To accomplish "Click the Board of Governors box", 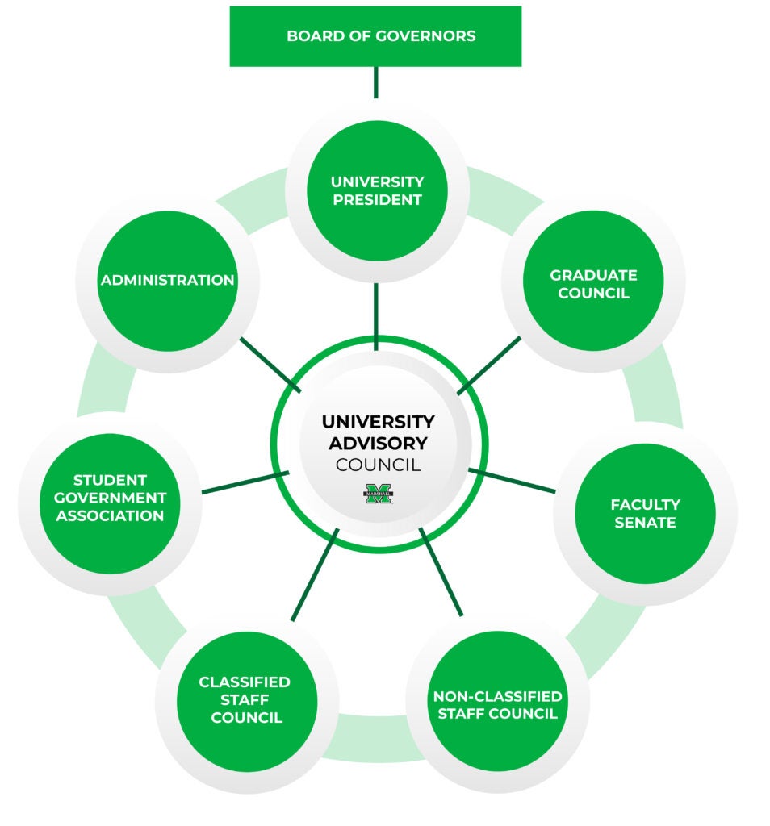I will coord(375,36).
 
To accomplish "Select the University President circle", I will coord(377,190).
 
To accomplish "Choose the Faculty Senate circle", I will coord(645,513).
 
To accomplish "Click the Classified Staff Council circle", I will coord(246,699).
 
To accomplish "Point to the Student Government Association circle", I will coord(110,498).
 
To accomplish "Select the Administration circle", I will coord(167,281).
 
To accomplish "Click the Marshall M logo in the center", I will coord(378,493).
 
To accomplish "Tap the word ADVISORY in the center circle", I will coord(378,443).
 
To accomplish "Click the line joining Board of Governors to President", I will coord(375,81).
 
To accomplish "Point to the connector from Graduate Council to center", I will coord(489,365).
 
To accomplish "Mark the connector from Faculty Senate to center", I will coord(512,479).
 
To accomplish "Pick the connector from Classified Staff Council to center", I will coord(314,574).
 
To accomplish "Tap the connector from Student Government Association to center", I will coord(245,482).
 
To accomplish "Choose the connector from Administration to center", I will coord(270,365).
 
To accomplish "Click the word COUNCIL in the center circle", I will coord(378,465).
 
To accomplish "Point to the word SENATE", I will coord(644,523).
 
